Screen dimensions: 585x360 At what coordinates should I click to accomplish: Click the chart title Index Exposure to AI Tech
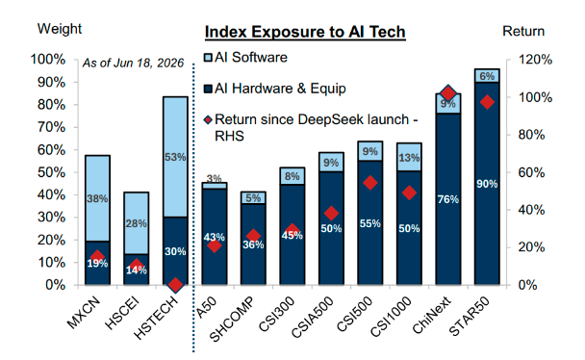click(305, 32)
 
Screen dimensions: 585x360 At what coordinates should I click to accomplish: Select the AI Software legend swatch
click(208, 58)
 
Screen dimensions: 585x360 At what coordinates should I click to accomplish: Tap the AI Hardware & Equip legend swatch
click(208, 89)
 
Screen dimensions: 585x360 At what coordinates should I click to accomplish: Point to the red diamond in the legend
click(208, 119)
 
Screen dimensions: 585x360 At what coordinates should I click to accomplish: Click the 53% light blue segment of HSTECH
click(175, 157)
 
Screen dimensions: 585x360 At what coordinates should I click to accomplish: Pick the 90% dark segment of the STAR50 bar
click(487, 184)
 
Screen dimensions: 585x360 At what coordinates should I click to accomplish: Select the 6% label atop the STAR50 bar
click(487, 76)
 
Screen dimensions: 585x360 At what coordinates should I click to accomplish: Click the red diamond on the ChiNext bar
click(448, 93)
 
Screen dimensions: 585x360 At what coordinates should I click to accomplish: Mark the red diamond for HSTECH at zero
click(175, 285)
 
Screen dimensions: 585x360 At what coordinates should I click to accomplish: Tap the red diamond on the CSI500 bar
click(370, 183)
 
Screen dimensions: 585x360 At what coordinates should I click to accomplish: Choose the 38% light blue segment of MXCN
click(97, 198)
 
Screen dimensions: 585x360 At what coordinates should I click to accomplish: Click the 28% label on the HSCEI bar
click(137, 223)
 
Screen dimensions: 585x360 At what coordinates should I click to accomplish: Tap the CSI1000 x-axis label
click(391, 317)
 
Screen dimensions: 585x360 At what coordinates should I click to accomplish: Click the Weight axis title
click(60, 29)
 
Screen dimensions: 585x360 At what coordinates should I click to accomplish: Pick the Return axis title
click(523, 32)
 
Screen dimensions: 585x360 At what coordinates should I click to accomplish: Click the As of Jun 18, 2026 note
click(133, 63)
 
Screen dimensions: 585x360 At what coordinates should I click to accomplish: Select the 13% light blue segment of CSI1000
click(409, 157)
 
